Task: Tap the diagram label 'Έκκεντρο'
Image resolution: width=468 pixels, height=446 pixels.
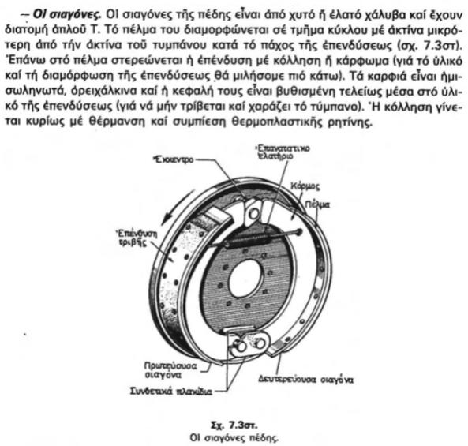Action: tap(173, 159)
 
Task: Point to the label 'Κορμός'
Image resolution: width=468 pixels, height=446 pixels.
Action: tap(305, 186)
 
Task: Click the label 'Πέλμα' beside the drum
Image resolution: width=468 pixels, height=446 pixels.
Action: tap(317, 204)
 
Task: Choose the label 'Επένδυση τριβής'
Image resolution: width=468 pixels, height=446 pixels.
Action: tap(137, 238)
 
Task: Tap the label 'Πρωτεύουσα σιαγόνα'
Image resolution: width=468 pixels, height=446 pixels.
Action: tap(170, 370)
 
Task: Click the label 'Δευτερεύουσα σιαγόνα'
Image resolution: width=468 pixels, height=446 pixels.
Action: tap(306, 380)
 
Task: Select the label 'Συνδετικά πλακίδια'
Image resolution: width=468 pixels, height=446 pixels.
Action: tap(171, 392)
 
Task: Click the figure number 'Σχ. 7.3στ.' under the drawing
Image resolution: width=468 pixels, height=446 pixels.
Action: tap(234, 425)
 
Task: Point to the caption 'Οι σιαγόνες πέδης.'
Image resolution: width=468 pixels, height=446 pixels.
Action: tap(234, 438)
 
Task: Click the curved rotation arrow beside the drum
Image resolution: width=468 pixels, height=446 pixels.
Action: tap(177, 207)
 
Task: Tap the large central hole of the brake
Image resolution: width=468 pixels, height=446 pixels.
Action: tap(246, 279)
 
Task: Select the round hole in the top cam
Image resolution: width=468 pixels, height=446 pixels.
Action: tap(254, 213)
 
